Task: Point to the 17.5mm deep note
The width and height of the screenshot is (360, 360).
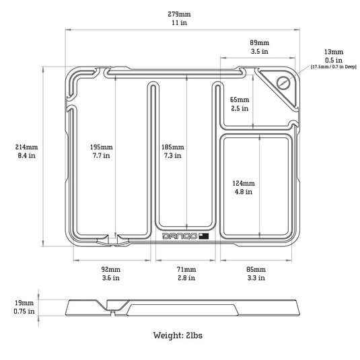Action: coord(334,67)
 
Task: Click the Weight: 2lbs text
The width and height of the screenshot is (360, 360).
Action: coord(178,335)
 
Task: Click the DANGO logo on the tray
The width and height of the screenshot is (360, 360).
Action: coord(180,236)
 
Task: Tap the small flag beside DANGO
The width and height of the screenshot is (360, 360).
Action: coord(204,236)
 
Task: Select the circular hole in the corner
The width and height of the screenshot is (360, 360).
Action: coord(283,83)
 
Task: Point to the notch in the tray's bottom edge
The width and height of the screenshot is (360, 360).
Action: coord(113,240)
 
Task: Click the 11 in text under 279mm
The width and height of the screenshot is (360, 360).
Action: coord(179,23)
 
